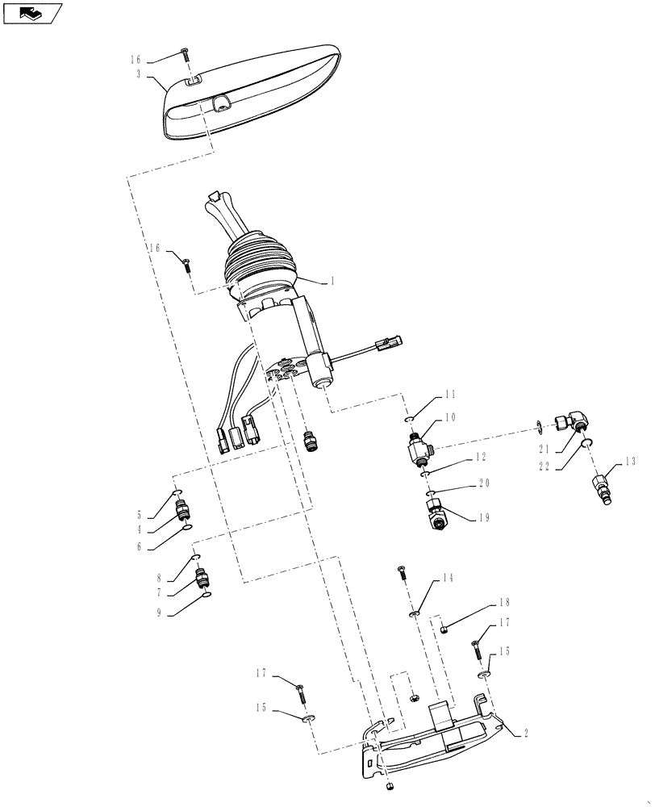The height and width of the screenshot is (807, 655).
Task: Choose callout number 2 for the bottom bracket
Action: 525,734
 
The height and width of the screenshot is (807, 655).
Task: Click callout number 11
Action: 450,396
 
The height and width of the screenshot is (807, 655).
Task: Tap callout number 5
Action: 139,514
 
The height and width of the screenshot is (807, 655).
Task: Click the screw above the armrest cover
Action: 186,53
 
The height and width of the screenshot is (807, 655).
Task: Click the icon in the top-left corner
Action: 32,12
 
